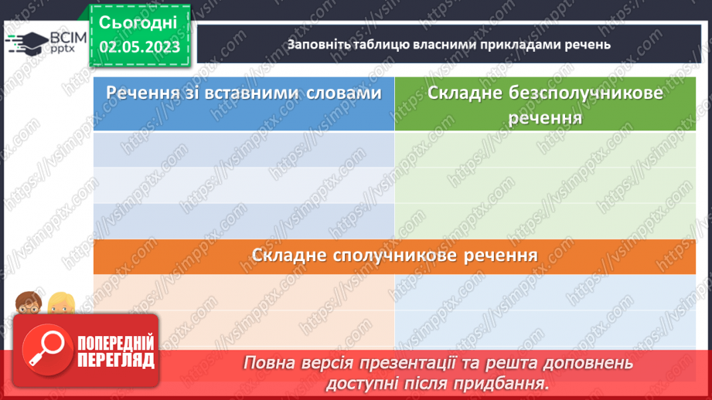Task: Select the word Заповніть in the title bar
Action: [315, 44]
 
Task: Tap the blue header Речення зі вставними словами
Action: [244, 93]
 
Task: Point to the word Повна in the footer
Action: [269, 363]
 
